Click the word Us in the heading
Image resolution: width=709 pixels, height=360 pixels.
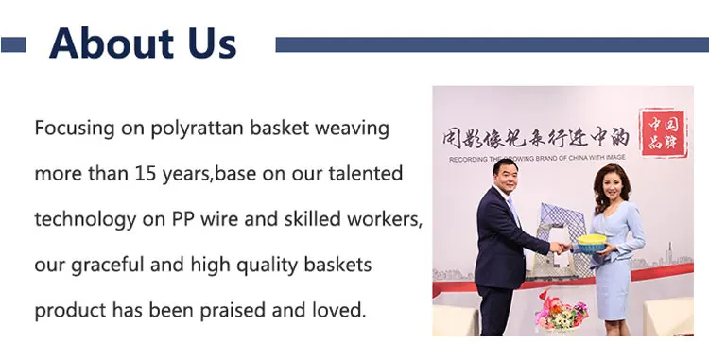click(210, 43)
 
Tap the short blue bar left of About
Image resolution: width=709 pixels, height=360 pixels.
click(13, 44)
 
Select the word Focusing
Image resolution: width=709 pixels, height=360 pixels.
click(75, 129)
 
